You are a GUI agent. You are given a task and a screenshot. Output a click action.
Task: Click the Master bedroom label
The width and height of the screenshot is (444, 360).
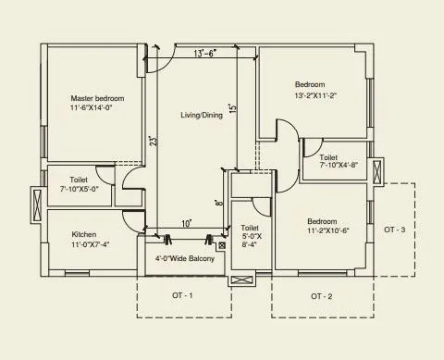[x=97, y=97]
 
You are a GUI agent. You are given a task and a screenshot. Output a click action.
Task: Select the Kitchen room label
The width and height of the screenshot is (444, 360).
[x=83, y=234]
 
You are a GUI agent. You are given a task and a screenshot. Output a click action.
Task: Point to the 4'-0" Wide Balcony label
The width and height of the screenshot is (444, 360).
[x=184, y=258]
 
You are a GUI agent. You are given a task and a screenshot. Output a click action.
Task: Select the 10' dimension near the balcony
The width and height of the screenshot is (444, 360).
[x=186, y=224]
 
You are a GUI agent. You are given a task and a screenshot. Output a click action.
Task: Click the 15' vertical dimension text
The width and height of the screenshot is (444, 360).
[x=233, y=108]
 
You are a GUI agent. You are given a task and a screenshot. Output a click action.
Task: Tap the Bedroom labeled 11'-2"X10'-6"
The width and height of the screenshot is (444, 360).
[x=321, y=222]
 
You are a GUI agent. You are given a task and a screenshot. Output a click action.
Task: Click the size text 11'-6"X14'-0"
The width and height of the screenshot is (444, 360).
[x=97, y=107]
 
